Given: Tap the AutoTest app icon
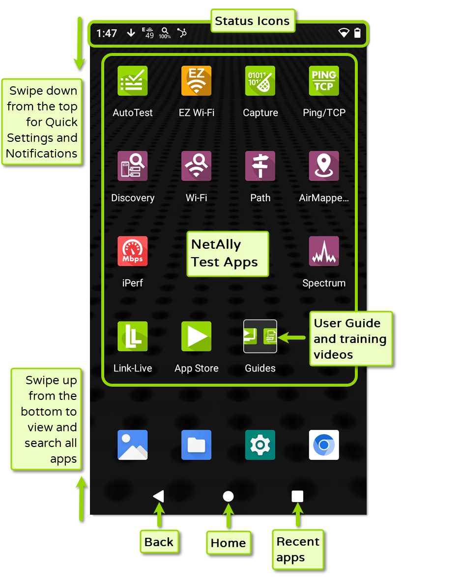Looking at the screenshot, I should pyautogui.click(x=133, y=80).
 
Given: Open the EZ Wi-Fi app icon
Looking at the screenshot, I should pyautogui.click(x=197, y=80).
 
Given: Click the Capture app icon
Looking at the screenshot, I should pyautogui.click(x=260, y=80).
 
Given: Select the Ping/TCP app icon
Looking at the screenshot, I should pyautogui.click(x=324, y=80).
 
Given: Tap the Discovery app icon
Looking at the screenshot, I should pyautogui.click(x=133, y=166).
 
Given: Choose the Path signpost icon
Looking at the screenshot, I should pyautogui.click(x=260, y=166).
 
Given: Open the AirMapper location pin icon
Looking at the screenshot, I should pyautogui.click(x=324, y=166).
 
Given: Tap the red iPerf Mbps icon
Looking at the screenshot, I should pyautogui.click(x=133, y=251).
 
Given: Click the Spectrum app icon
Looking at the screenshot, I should pyautogui.click(x=324, y=251).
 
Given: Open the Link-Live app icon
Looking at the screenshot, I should pyautogui.click(x=133, y=336).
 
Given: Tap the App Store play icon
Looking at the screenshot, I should pyautogui.click(x=197, y=336).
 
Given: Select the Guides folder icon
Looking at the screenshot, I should pyautogui.click(x=260, y=336).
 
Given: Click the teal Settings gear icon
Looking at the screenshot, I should pyautogui.click(x=260, y=445).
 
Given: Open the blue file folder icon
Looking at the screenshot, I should pyautogui.click(x=197, y=445).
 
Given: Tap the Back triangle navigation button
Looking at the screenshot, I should pyautogui.click(x=158, y=496).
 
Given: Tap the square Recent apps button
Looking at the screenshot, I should pyautogui.click(x=297, y=496).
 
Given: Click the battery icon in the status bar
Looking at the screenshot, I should pyautogui.click(x=357, y=33).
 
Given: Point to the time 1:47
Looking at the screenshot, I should pyautogui.click(x=107, y=33).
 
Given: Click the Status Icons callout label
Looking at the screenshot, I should pyautogui.click(x=252, y=21).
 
